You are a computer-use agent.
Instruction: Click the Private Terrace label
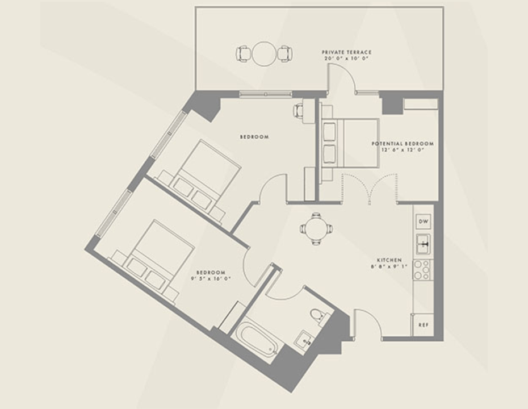click(346, 52)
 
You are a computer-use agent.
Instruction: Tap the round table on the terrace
click(264, 54)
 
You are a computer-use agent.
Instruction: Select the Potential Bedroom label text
click(403, 144)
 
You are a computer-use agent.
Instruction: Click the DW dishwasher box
click(423, 221)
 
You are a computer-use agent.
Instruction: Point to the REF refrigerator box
click(422, 325)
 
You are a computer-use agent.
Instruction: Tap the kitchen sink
click(423, 244)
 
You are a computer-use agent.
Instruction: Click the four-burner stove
click(422, 269)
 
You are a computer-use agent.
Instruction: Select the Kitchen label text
click(389, 260)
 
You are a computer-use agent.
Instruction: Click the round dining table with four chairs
click(316, 228)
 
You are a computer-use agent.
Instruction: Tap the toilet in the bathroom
click(317, 316)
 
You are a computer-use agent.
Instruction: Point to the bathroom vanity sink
click(304, 341)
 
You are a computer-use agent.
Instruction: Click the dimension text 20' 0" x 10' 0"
click(346, 59)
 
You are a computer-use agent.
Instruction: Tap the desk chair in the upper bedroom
click(299, 110)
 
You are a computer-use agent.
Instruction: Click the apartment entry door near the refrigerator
click(367, 324)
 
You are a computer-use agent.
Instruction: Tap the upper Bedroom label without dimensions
click(254, 137)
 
